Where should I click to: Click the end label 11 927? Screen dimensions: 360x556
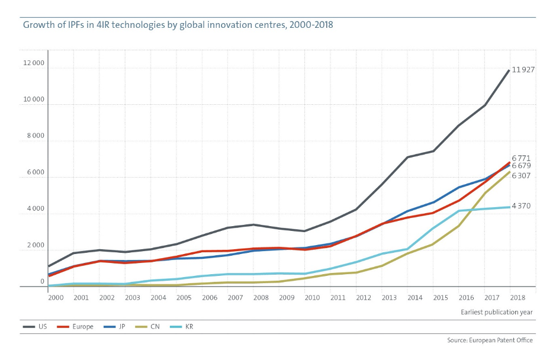523,70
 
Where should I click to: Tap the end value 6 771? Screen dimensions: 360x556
521,158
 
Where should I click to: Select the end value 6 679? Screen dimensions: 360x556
521,166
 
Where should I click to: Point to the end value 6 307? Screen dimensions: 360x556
521,176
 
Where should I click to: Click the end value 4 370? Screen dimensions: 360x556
521,206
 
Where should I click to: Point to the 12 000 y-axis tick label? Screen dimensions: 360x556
34,63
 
